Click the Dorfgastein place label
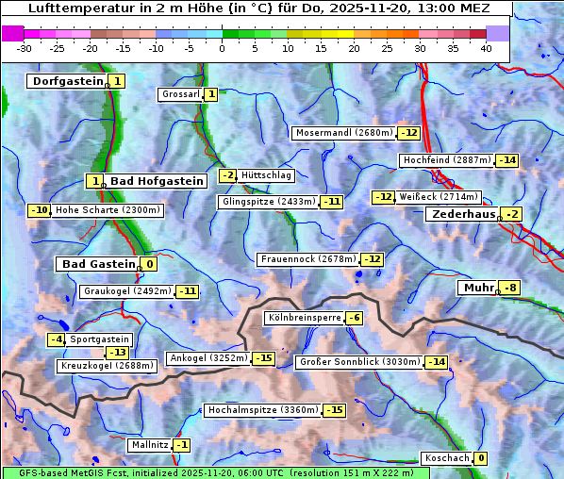pos(66,82)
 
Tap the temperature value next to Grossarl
pos(211,94)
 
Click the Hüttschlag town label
pos(267,175)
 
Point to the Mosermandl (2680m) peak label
pos(343,133)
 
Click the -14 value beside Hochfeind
pos(507,160)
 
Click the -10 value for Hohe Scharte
pos(39,210)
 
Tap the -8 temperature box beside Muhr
pos(510,288)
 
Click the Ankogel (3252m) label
pos(207,358)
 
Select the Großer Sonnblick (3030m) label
pos(358,362)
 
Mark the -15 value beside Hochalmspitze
pos(335,410)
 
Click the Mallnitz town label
pos(150,445)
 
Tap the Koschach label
pos(447,458)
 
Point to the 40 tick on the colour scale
pos(486,48)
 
